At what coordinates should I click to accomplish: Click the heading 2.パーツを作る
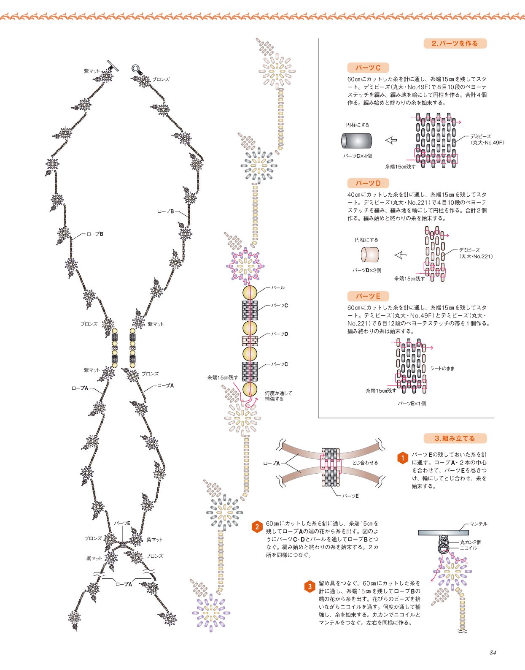point(455,43)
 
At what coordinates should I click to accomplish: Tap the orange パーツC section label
point(368,68)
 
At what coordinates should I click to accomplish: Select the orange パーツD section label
point(368,183)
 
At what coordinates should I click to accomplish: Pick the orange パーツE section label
point(368,296)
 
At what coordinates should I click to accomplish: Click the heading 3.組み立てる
point(455,438)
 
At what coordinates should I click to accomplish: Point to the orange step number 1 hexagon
point(402,458)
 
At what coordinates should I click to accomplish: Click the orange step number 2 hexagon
point(257,527)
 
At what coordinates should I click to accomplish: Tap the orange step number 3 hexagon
point(310,587)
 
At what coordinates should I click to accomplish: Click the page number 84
point(493,652)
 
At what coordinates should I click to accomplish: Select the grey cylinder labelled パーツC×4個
point(357,141)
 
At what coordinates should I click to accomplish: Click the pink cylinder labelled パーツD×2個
point(370,255)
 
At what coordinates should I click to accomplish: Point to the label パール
point(278,288)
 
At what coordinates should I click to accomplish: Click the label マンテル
point(479,524)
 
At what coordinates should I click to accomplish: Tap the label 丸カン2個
point(471,542)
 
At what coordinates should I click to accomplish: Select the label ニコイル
point(468,548)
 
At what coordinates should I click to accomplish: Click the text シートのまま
point(442,369)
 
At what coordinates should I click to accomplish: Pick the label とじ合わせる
point(365,463)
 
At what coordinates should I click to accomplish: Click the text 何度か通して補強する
point(278,396)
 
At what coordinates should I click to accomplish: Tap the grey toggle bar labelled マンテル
point(443,532)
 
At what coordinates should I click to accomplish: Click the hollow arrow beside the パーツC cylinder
point(391,141)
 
